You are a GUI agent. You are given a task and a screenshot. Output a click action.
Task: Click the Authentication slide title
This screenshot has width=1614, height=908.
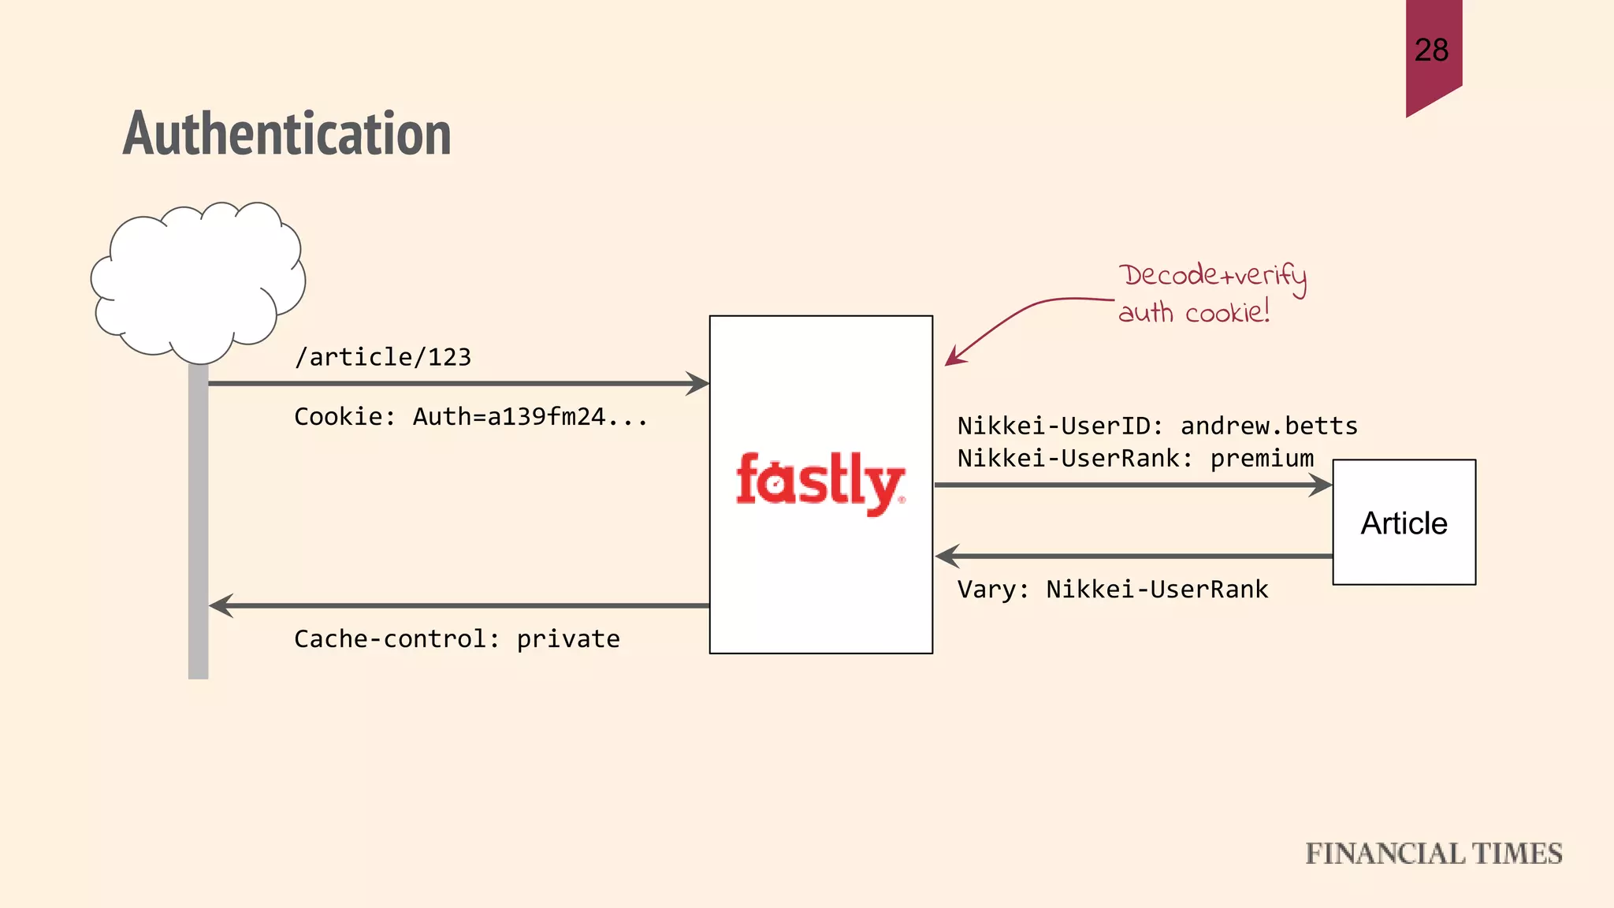(287, 134)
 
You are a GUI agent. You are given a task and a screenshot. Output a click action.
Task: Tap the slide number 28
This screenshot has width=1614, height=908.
(1431, 50)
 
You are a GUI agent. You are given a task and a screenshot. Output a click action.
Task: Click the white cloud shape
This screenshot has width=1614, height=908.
(197, 280)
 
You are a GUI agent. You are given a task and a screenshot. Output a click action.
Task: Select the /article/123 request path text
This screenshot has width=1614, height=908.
(383, 357)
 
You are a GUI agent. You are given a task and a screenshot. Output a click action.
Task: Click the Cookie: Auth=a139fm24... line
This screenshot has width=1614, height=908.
(470, 416)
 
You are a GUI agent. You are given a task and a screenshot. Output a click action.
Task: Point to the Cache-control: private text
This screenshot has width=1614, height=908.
(457, 638)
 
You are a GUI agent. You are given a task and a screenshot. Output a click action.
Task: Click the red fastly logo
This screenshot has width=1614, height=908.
(820, 482)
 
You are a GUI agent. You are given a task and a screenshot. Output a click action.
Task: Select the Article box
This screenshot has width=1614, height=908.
(1404, 523)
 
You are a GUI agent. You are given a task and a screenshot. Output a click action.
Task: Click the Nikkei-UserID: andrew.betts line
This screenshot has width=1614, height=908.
(1157, 426)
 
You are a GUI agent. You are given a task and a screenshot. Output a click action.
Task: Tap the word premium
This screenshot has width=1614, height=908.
(1262, 458)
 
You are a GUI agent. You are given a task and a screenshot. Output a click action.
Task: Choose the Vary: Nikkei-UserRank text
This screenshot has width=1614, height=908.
(1113, 589)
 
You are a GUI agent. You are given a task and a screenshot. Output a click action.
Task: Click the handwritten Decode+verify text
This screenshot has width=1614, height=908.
(1212, 276)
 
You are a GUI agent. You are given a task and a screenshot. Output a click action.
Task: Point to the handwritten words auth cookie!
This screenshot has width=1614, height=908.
(1194, 312)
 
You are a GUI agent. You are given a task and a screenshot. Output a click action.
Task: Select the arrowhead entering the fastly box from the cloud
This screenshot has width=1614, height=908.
(698, 384)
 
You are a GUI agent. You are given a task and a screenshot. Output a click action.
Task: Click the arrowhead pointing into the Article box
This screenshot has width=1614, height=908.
(1321, 485)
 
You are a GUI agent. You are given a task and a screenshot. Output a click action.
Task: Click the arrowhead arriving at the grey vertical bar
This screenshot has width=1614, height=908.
(221, 605)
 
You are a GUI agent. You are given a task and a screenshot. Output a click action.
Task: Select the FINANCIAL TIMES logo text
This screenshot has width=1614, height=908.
(1434, 854)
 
